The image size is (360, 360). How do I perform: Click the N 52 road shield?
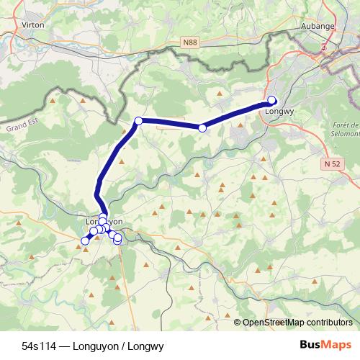point(331,164)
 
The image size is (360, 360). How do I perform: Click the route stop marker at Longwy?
point(272,101)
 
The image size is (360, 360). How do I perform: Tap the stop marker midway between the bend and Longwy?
point(202,127)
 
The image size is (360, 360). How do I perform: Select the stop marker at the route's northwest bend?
point(138,121)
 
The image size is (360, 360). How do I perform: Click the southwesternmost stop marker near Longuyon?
point(84,241)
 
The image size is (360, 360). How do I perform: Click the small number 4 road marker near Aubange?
point(324,47)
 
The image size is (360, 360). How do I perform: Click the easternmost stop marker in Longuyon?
point(118,238)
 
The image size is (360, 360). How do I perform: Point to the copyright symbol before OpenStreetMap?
point(238,323)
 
